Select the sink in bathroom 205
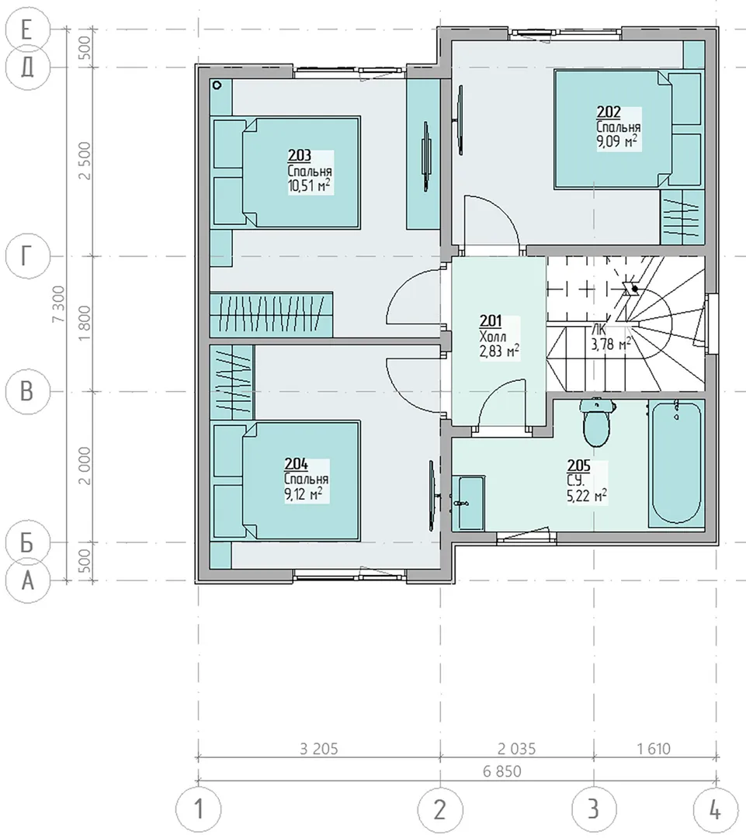click(x=468, y=503)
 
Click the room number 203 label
click(x=300, y=155)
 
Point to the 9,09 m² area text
click(x=617, y=142)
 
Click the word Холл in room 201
click(x=492, y=337)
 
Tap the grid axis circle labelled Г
click(x=27, y=256)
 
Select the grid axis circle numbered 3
click(x=594, y=809)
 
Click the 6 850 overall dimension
click(x=501, y=771)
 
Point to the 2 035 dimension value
click(x=516, y=749)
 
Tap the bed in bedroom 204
click(x=286, y=480)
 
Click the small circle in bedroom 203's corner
click(x=217, y=85)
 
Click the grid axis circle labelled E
click(x=27, y=29)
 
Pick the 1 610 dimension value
click(x=654, y=749)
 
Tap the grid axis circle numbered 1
click(x=199, y=809)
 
